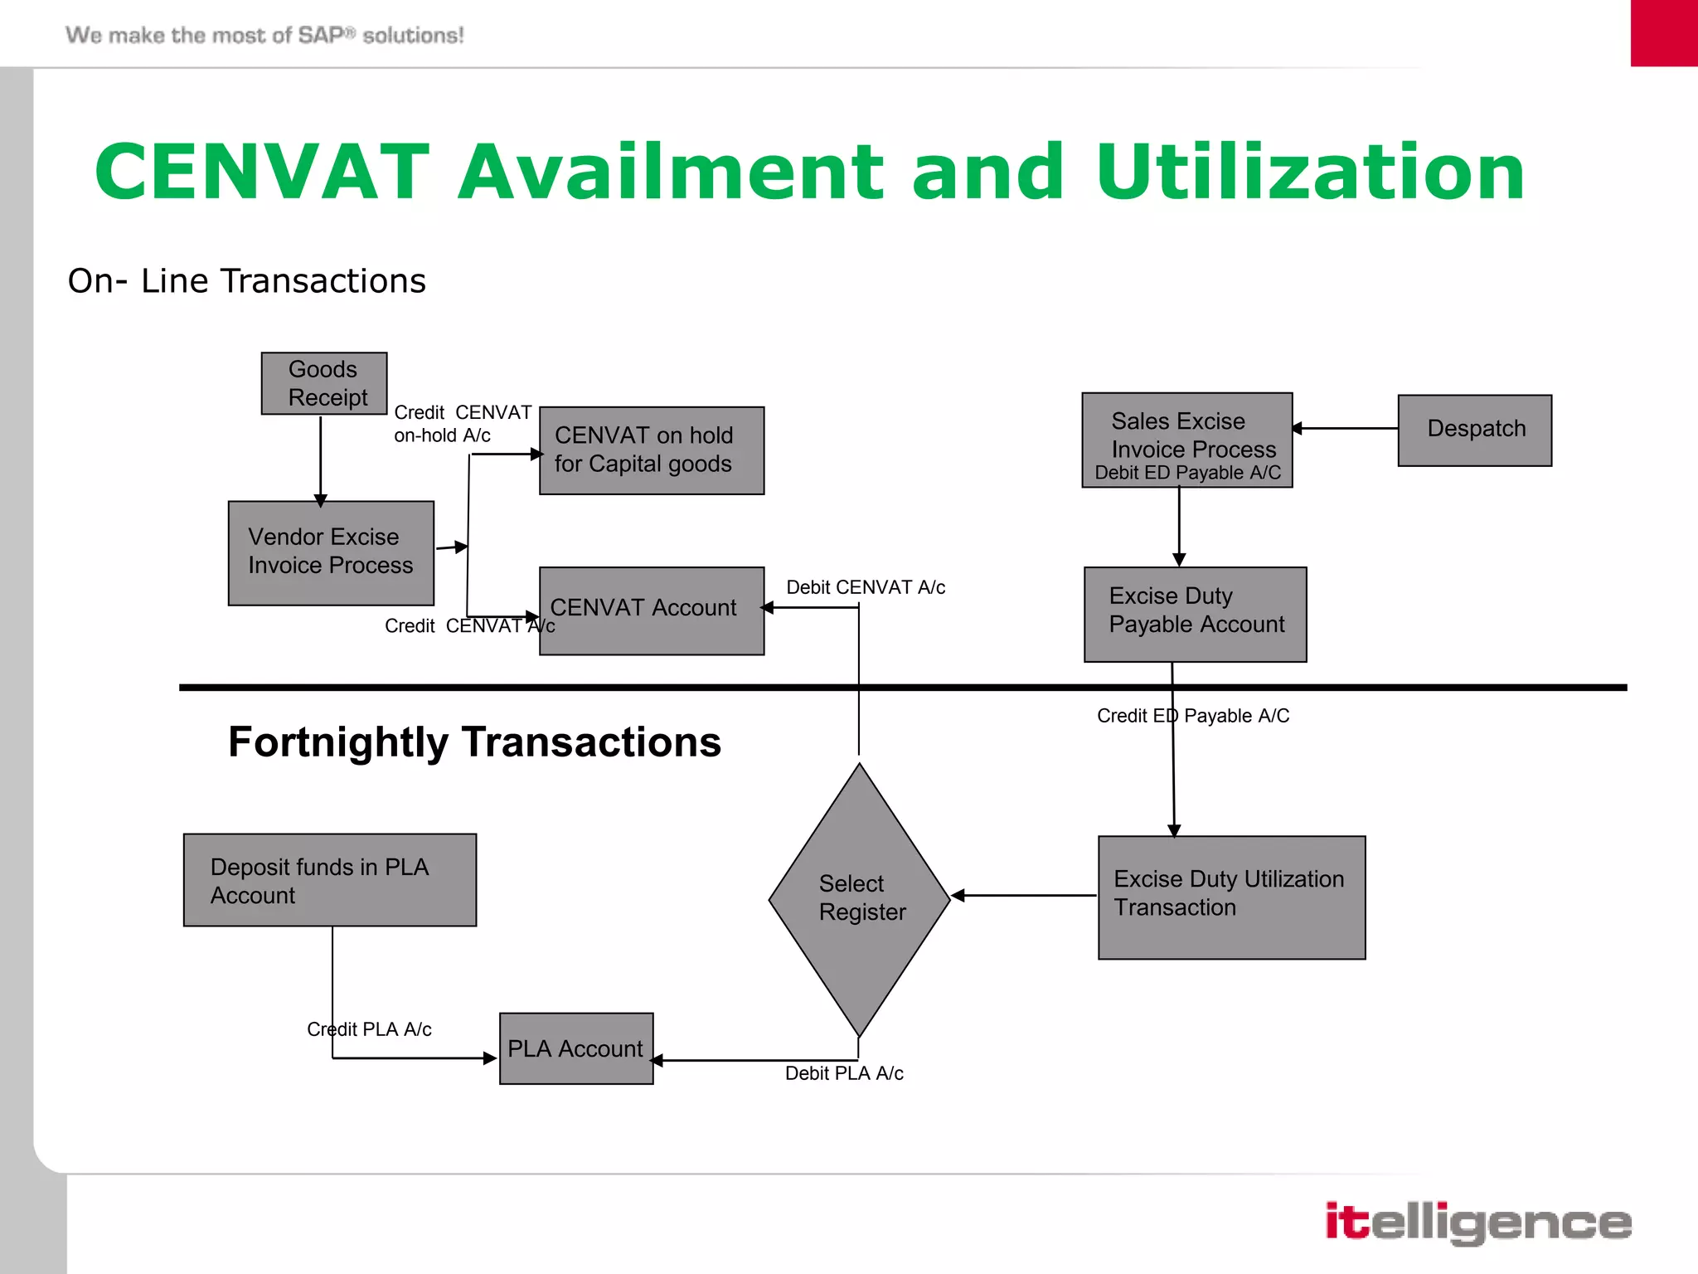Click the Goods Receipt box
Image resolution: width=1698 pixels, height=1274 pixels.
click(324, 383)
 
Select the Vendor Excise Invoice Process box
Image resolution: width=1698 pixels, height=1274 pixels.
click(331, 552)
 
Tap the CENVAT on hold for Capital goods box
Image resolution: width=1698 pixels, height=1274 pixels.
click(652, 450)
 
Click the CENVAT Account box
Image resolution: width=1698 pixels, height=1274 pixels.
click(652, 610)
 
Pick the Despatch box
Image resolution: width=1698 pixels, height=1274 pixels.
click(1474, 430)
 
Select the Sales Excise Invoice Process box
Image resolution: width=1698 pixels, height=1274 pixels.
click(1186, 440)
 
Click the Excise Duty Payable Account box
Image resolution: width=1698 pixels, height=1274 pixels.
click(1195, 614)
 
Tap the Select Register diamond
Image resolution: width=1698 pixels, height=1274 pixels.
click(859, 899)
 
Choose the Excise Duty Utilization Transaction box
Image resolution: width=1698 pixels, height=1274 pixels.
click(1231, 897)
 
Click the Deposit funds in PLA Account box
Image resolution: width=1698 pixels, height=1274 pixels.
click(330, 879)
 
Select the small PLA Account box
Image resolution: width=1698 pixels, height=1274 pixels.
click(576, 1048)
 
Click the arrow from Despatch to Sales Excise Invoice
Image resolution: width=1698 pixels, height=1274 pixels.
click(1345, 428)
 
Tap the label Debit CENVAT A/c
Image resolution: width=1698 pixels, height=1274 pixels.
click(866, 587)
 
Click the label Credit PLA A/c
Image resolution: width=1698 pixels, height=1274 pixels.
click(369, 1029)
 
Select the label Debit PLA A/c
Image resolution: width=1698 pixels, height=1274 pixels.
click(844, 1073)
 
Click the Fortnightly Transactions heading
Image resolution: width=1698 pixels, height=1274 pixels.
click(474, 742)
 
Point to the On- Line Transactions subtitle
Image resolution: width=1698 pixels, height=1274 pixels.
click(246, 281)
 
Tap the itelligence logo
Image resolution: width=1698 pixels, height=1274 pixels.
click(1477, 1222)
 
